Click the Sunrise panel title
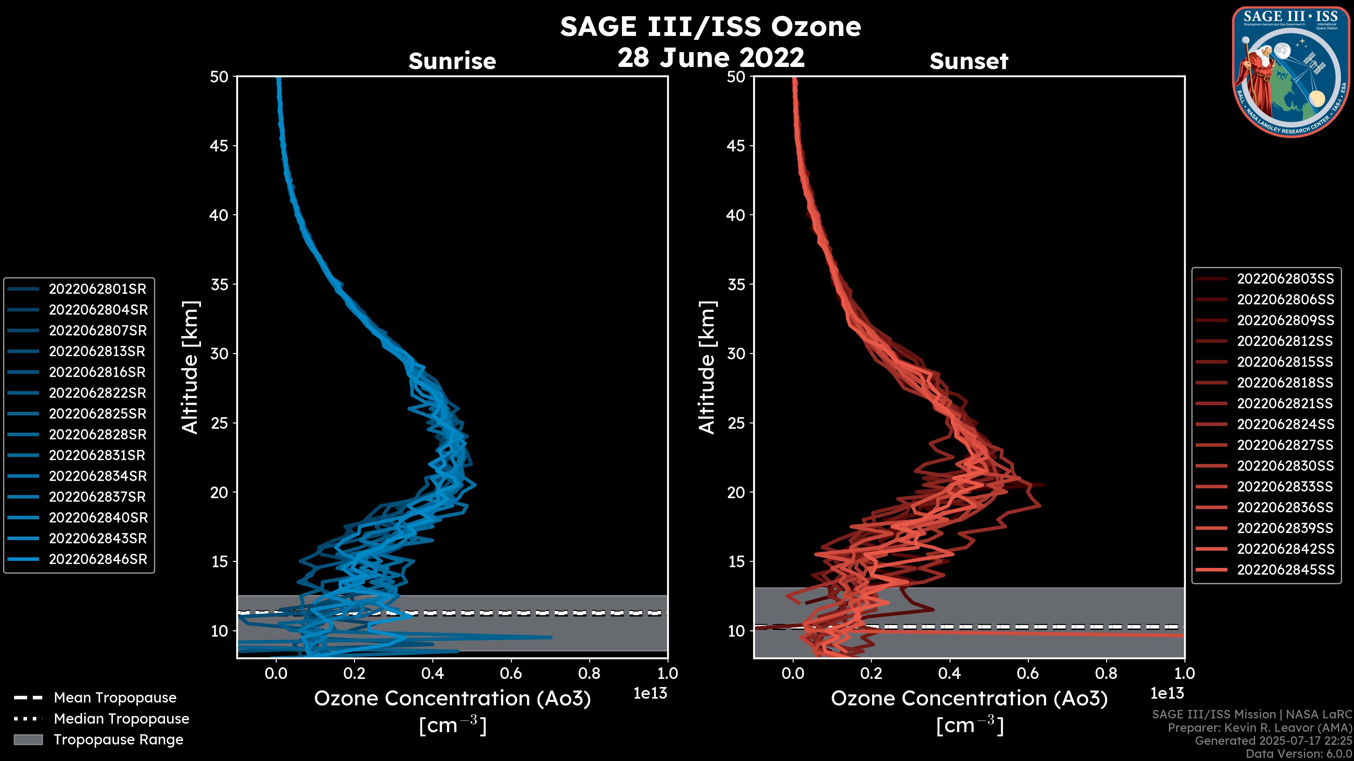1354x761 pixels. (x=452, y=61)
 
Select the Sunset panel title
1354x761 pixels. (x=969, y=61)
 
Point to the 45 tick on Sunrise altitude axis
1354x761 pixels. (x=219, y=146)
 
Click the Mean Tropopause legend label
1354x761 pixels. (x=115, y=698)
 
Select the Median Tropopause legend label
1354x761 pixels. (x=121, y=719)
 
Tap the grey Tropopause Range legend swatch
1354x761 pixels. (x=28, y=740)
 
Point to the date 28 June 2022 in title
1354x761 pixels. (x=710, y=57)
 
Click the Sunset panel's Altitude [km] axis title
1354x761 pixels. (x=707, y=367)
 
